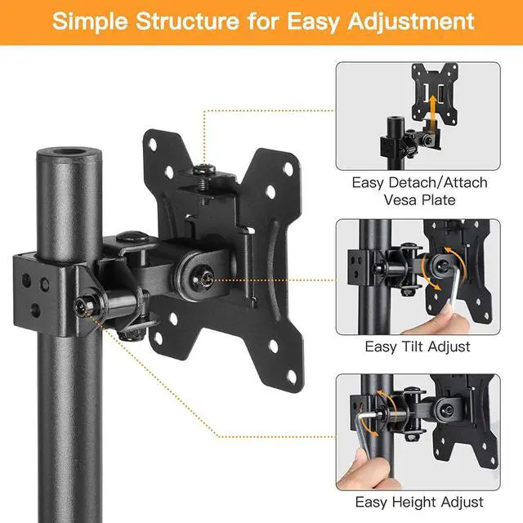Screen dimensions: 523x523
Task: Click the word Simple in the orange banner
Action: pos(90,22)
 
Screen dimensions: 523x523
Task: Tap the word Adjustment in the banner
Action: pos(411,22)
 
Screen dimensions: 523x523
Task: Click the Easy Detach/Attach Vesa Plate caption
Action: pos(419,191)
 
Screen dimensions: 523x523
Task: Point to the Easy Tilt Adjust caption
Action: pos(418,346)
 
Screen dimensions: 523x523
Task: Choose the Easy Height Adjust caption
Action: pos(419,502)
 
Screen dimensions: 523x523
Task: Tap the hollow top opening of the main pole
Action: pos(69,152)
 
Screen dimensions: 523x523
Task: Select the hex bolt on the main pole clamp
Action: pos(82,306)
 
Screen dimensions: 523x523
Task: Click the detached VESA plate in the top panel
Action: pos(435,93)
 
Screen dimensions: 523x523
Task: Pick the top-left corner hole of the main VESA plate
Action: pos(153,145)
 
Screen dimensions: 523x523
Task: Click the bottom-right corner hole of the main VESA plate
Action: pos(292,376)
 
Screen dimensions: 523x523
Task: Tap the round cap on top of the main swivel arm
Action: pos(132,237)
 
